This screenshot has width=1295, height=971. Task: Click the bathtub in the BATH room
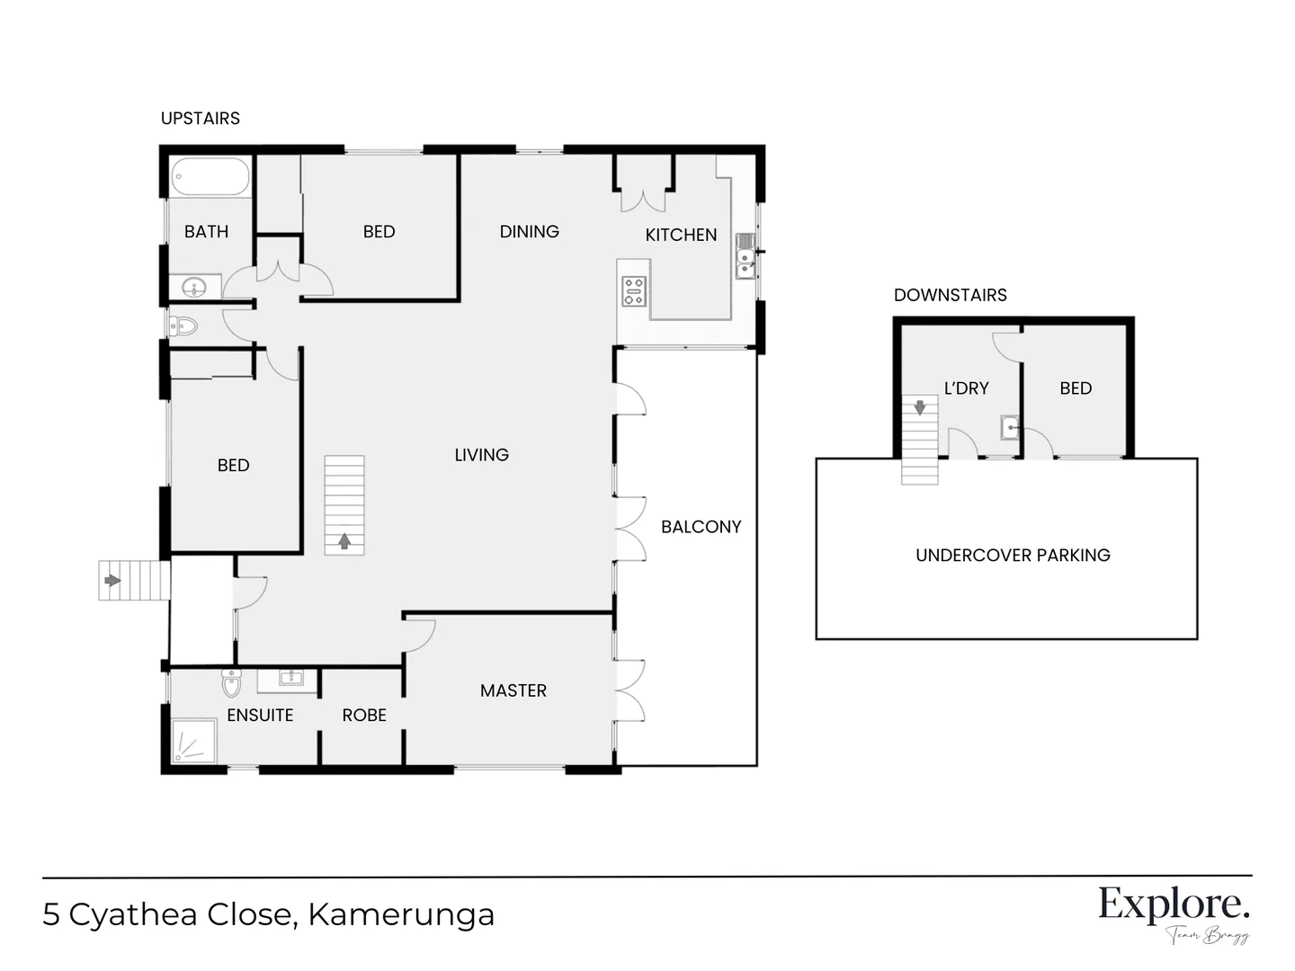(x=210, y=176)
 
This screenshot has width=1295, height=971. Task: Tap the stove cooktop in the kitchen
(x=634, y=291)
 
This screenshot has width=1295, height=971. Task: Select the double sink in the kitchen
(x=745, y=255)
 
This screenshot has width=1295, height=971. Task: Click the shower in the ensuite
(x=193, y=741)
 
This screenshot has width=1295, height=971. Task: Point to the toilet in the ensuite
(x=232, y=683)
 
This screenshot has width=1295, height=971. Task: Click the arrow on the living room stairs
(x=344, y=541)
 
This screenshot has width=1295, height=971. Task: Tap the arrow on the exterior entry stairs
(x=112, y=580)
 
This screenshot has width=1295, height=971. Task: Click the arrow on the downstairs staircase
(x=920, y=408)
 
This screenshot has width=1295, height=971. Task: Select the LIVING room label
(x=481, y=455)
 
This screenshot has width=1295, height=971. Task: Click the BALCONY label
(x=701, y=527)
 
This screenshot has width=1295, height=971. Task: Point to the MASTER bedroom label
(x=513, y=690)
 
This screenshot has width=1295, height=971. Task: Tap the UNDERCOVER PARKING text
(x=1013, y=556)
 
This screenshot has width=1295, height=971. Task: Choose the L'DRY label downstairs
(x=966, y=388)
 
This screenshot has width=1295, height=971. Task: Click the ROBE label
(x=364, y=716)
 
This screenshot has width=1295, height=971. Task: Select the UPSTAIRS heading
(x=200, y=119)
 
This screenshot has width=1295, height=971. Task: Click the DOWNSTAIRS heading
(x=950, y=295)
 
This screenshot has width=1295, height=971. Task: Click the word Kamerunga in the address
(x=401, y=914)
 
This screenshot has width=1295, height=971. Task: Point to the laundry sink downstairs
(x=1010, y=427)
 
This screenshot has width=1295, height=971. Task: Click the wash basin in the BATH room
(x=194, y=288)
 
